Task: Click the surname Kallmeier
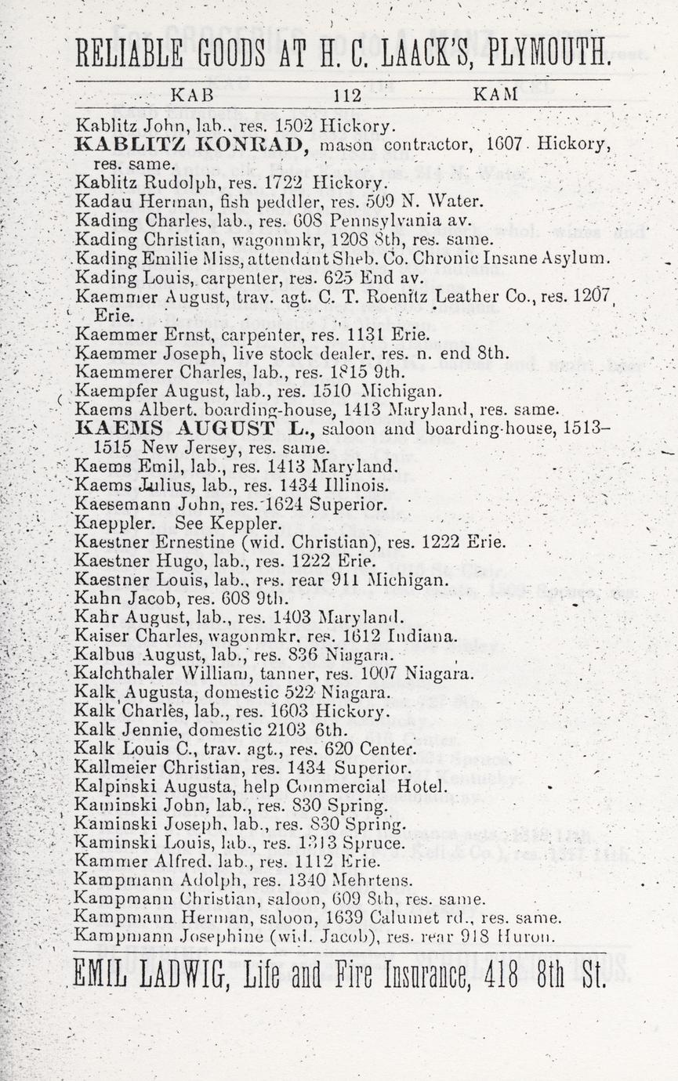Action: point(108,768)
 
